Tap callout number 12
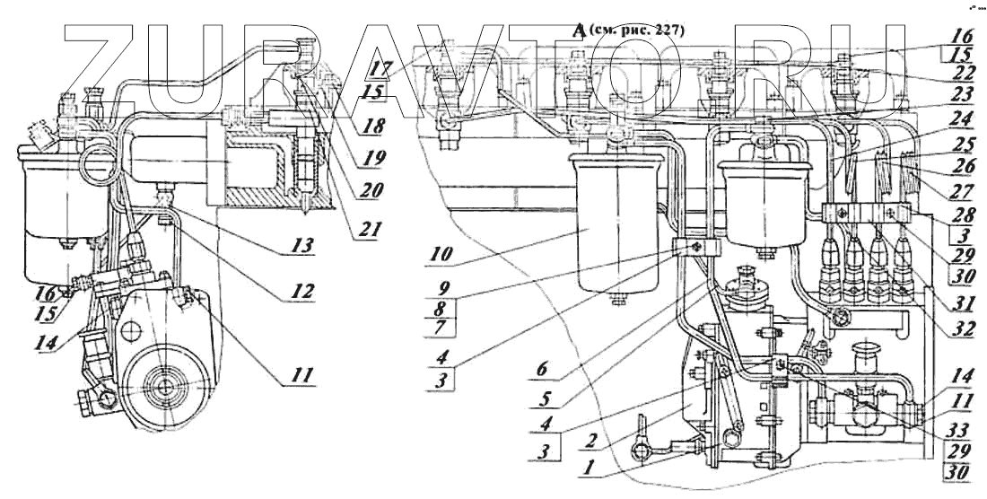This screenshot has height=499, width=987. [x=302, y=291]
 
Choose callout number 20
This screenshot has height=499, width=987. [x=369, y=190]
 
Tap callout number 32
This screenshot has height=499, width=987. [x=965, y=328]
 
